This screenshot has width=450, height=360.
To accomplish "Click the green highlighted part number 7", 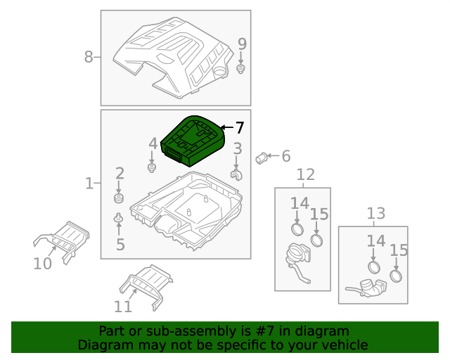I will [x=191, y=141].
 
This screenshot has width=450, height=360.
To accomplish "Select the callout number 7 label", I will [x=239, y=128].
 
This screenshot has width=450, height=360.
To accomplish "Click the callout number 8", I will [x=89, y=57].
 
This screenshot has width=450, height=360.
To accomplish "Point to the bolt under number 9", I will [x=241, y=70].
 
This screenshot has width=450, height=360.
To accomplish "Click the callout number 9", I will [x=242, y=44].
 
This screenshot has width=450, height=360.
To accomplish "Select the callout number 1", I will [x=89, y=184].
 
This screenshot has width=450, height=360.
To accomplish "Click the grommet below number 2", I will [x=119, y=199].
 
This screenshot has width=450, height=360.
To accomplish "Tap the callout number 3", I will [x=238, y=148].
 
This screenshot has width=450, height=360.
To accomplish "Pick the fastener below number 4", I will [x=152, y=168].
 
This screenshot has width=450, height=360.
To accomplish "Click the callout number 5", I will [x=120, y=245].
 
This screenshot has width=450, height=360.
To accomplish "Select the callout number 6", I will [x=285, y=156].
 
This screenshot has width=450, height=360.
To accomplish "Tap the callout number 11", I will [x=123, y=307].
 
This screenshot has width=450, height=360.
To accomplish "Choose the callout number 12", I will [x=305, y=174].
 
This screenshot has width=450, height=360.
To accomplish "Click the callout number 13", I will [x=376, y=213].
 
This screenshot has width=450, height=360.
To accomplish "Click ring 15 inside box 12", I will [x=317, y=240].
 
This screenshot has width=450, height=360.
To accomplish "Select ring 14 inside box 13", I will [x=373, y=268].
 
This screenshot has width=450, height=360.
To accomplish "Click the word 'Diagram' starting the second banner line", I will [x=104, y=345].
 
